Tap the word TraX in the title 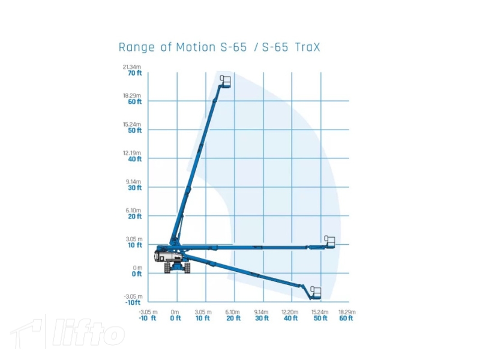[x=308, y=47]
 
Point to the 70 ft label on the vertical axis [x=134, y=73]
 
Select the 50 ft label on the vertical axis [x=134, y=130]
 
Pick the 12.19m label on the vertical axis [x=132, y=152]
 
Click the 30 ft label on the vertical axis [x=134, y=188]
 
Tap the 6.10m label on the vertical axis [x=133, y=210]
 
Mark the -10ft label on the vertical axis [x=133, y=302]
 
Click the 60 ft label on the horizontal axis [x=347, y=318]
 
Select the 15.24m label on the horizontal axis [x=320, y=312]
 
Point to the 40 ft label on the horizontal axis [x=290, y=318]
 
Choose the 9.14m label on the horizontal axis [x=262, y=312]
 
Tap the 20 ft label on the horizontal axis [x=233, y=318]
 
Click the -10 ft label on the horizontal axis [x=148, y=318]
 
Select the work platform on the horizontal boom [x=329, y=242]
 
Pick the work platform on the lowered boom [x=315, y=293]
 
